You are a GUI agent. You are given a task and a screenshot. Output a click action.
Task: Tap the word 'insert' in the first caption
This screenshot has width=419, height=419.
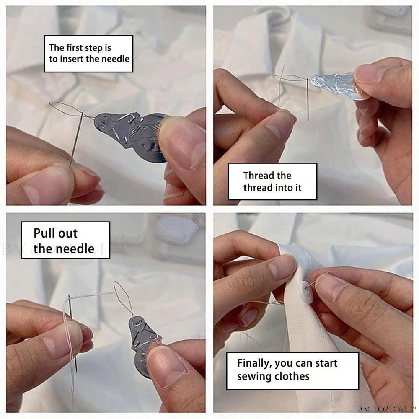pos(72,59)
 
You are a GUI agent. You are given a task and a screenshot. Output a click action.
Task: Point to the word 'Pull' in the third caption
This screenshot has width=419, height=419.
pos(43,233)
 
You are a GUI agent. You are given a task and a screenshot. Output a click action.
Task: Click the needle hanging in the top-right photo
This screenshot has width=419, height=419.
pos(308,99)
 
